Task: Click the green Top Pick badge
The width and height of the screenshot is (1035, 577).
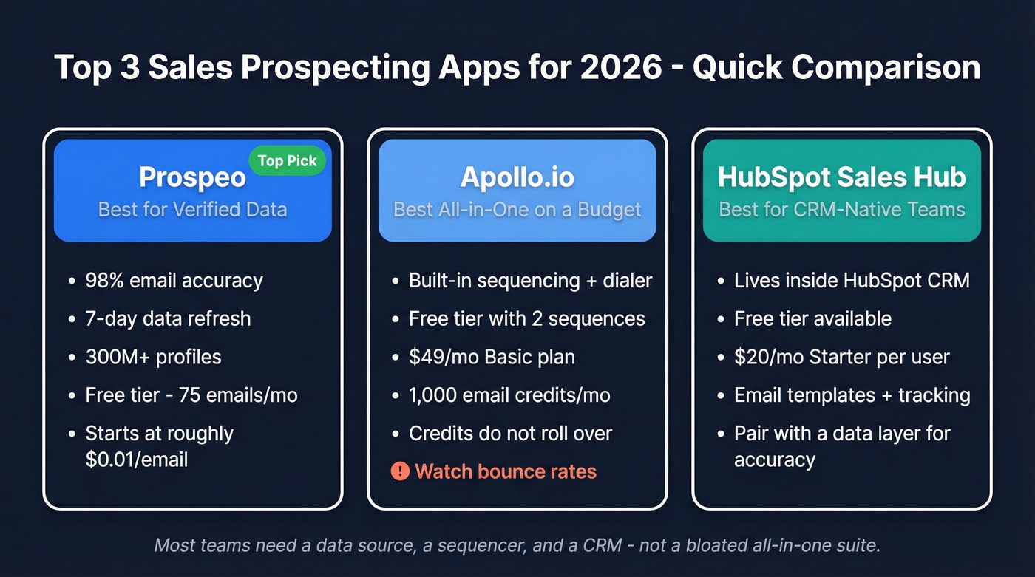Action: [x=287, y=161]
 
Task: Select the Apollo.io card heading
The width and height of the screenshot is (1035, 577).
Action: [x=517, y=177]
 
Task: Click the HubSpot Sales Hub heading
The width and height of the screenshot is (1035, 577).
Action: [x=841, y=177]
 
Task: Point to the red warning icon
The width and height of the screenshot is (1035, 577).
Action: [x=400, y=471]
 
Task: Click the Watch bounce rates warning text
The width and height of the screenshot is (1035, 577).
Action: [x=506, y=471]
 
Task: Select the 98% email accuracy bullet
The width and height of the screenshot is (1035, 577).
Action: [x=174, y=281]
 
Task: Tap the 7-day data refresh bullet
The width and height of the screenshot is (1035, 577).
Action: [x=168, y=319]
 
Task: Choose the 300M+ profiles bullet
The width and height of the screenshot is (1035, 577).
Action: [x=153, y=357]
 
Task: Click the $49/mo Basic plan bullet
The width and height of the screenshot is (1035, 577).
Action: [x=492, y=357]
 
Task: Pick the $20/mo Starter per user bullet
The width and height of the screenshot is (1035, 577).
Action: [x=841, y=357]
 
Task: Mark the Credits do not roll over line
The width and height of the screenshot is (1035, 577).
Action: [x=510, y=433]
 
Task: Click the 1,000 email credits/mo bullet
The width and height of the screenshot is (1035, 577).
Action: [x=509, y=395]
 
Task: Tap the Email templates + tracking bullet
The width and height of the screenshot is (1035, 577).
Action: [x=852, y=395]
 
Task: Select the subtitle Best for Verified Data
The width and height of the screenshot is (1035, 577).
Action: [x=192, y=209]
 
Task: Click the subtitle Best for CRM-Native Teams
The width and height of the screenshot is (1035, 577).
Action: [x=841, y=209]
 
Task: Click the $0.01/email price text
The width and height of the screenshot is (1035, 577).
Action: [x=137, y=460]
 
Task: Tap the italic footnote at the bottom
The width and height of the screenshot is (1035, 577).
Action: [x=517, y=546]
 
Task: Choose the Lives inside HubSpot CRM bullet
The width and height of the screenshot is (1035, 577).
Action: [x=852, y=281]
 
